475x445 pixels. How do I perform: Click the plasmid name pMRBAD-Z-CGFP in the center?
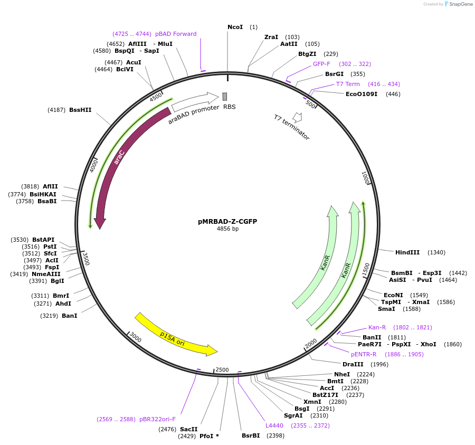pyautogui.click(x=227, y=222)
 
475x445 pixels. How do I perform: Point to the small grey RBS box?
pyautogui.click(x=225, y=97)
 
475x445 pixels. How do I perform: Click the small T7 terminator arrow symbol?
pyautogui.click(x=298, y=117)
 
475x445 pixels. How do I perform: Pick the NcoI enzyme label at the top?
pyautogui.click(x=235, y=27)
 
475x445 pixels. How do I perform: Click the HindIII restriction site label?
pyautogui.click(x=407, y=252)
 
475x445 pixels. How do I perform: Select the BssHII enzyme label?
pyautogui.click(x=80, y=110)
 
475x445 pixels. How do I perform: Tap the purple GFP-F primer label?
pyautogui.click(x=321, y=64)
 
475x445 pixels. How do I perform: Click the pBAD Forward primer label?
pyautogui.click(x=176, y=34)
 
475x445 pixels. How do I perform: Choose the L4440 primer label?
pyautogui.click(x=274, y=425)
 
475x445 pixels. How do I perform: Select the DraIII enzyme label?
pyautogui.click(x=353, y=364)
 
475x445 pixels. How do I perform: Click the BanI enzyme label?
pyautogui.click(x=69, y=316)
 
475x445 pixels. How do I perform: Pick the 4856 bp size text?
pyautogui.click(x=227, y=229)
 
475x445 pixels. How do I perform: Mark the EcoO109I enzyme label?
pyautogui.click(x=362, y=94)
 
